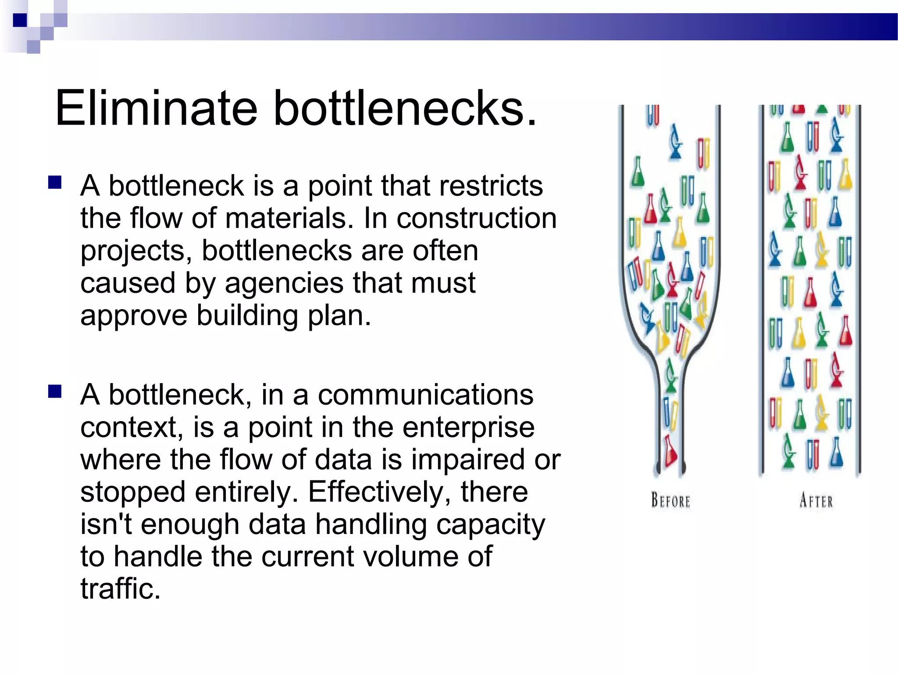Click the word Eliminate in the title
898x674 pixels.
pyautogui.click(x=156, y=108)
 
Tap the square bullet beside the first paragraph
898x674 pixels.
pyautogui.click(x=55, y=182)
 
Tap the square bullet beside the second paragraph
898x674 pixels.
pyautogui.click(x=55, y=391)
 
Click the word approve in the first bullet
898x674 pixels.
pyautogui.click(x=133, y=316)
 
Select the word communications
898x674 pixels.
pyautogui.click(x=425, y=394)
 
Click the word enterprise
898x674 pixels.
pyautogui.click(x=468, y=427)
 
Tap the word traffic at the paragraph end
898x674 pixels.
pyautogui.click(x=120, y=589)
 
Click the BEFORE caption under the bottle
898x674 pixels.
pyautogui.click(x=670, y=501)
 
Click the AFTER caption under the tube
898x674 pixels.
pyautogui.click(x=816, y=501)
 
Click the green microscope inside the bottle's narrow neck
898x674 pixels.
pyautogui.click(x=670, y=375)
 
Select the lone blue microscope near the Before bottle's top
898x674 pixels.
pyautogui.click(x=676, y=141)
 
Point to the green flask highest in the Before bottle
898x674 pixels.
pyautogui.click(x=638, y=172)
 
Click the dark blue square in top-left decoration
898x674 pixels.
pyautogui.click(x=20, y=20)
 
